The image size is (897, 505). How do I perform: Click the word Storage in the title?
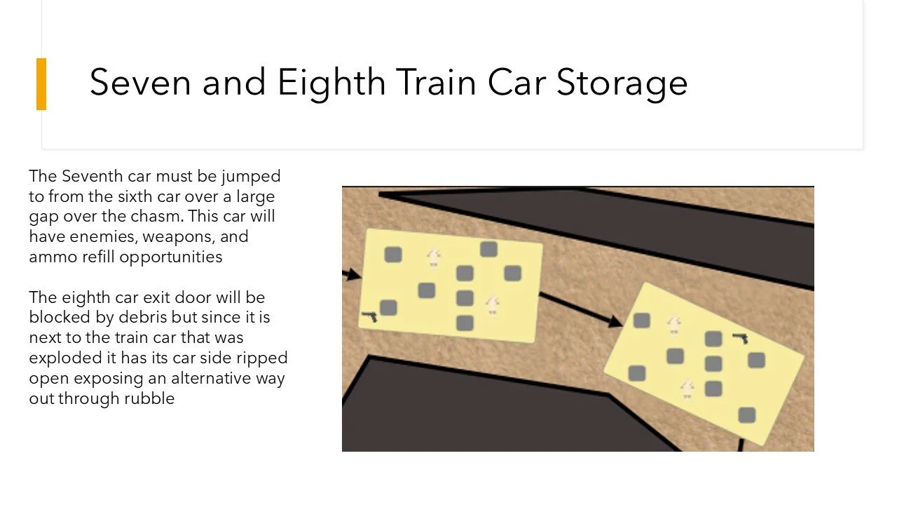(x=622, y=82)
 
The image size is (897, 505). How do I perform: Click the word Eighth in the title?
(x=331, y=82)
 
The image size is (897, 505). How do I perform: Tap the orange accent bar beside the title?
(x=41, y=84)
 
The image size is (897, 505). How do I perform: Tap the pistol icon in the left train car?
(x=369, y=317)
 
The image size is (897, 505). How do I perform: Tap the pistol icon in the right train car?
(x=740, y=338)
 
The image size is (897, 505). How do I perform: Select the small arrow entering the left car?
(x=351, y=274)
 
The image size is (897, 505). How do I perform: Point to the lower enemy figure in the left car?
(x=493, y=306)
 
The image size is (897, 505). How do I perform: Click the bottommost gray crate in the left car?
(x=465, y=323)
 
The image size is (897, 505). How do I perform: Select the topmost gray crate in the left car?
(x=488, y=249)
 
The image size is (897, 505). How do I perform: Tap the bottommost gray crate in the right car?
(x=747, y=415)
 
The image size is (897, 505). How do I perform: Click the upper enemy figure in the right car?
(x=674, y=324)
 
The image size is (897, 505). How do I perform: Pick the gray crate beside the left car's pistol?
(x=388, y=307)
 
